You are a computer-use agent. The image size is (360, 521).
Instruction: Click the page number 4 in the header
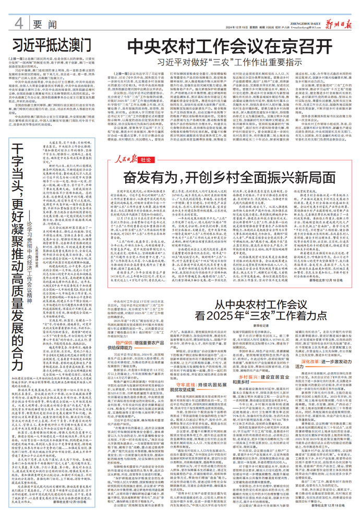point(19,24)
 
